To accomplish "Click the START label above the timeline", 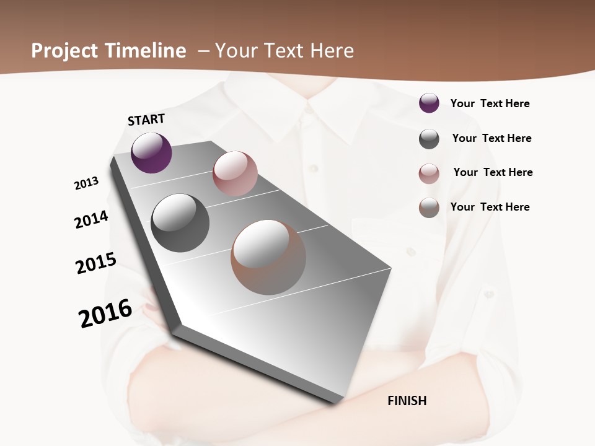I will pos(146,120).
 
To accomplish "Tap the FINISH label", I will pos(407,401).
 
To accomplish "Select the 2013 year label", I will pos(86,183).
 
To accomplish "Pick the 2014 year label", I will pos(91,219).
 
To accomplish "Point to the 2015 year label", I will pos(96,263).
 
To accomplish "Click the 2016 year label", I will pos(105,313).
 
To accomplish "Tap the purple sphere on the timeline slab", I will pos(151,152).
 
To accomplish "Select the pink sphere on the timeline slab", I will pos(235,173).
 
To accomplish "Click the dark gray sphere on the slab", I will pos(180,223).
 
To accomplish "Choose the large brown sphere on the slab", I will pos(268,257).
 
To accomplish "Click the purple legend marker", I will pos(429,103).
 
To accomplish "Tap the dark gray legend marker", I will pos(429,139).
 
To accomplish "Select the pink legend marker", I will pos(429,173).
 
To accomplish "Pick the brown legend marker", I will pos(429,208).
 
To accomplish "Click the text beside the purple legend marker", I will pos(490,104).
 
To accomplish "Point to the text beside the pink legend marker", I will pos(493,172).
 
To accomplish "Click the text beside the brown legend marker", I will pos(490,207).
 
